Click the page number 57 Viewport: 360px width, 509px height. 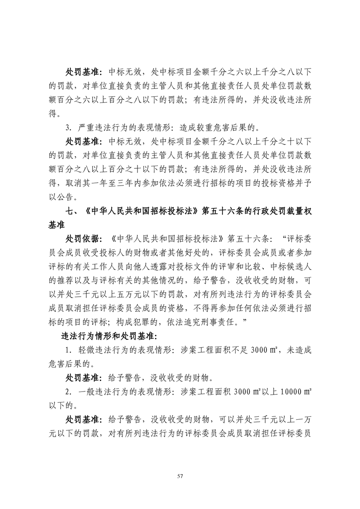pyautogui.click(x=180, y=476)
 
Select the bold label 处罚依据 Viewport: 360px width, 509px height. pyautogui.click(x=81, y=238)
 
